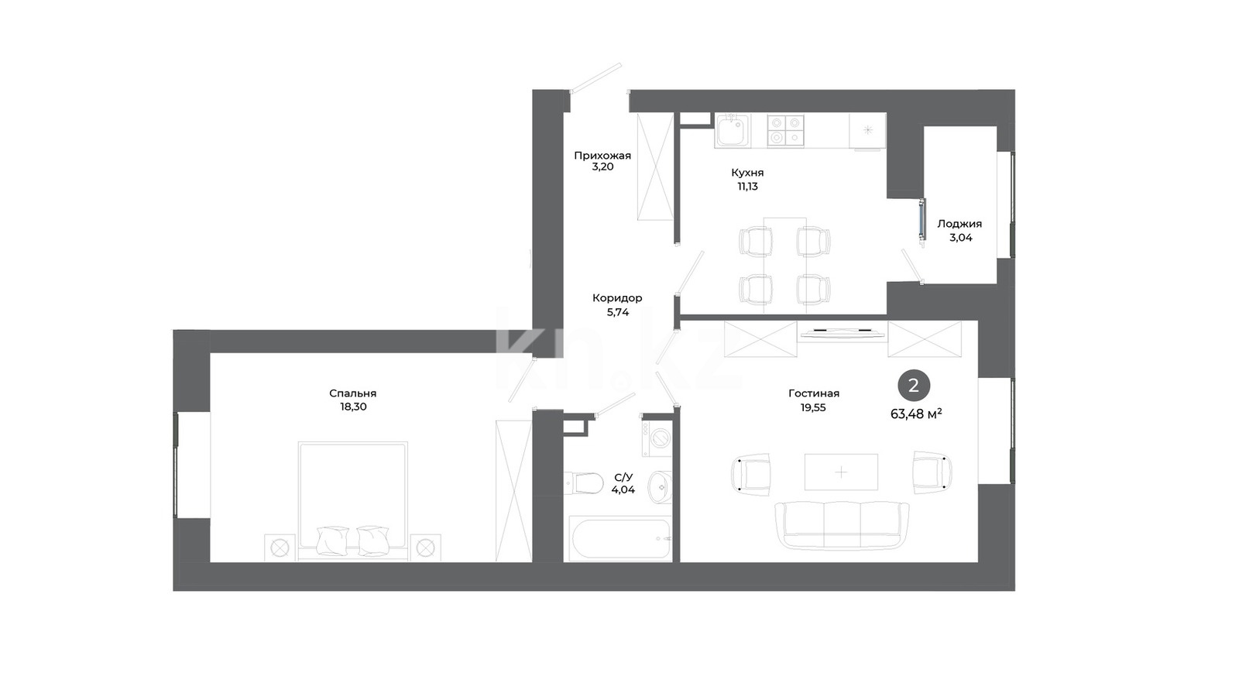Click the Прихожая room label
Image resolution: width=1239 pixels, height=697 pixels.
coord(602,156)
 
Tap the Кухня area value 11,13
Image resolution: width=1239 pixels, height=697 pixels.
coord(747,187)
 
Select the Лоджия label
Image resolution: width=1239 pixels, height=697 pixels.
coord(959,224)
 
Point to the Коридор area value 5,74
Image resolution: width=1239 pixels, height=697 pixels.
coord(618,312)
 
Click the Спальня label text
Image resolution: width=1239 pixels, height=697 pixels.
coord(353,393)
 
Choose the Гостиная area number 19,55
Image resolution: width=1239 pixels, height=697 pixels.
coord(813,407)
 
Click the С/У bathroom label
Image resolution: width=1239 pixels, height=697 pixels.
coord(623,477)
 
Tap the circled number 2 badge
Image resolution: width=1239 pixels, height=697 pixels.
coord(914,385)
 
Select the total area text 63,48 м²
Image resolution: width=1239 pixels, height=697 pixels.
coord(917,414)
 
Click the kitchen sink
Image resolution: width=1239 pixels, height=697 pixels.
coord(732,131)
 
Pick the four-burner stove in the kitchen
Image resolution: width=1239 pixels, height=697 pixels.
coord(785,131)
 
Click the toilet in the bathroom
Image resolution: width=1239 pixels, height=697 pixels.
coord(584,483)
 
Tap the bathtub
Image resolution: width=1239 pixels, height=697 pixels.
coord(619,540)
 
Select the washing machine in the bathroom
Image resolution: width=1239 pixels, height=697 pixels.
coord(657,438)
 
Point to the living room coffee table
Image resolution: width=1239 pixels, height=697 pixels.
coord(841,472)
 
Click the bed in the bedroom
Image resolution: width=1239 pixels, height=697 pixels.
coord(353,501)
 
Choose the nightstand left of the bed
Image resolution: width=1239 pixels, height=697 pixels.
coord(280,548)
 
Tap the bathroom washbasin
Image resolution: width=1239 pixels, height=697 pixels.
coord(660,487)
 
